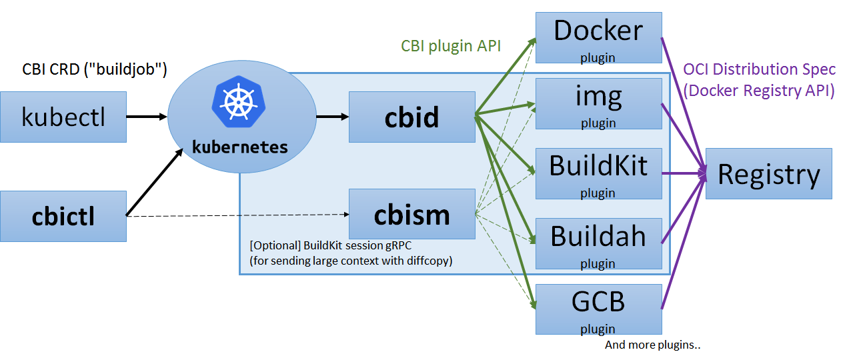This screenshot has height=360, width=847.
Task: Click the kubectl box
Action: (63, 117)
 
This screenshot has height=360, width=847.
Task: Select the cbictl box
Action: (63, 216)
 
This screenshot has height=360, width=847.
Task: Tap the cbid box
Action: (412, 117)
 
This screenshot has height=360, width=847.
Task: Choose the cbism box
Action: (412, 214)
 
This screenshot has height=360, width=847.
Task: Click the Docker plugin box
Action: (598, 38)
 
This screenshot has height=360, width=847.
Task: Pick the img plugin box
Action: (598, 103)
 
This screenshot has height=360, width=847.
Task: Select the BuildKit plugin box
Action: (598, 173)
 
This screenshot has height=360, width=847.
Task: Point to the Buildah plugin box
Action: (598, 243)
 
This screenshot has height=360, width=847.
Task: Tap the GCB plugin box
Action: (598, 309)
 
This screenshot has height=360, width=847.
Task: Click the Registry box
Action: (768, 174)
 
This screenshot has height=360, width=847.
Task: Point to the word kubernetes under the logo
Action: (240, 147)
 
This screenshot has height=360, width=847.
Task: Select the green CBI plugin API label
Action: (451, 45)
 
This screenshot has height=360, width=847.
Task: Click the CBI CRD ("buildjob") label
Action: (95, 69)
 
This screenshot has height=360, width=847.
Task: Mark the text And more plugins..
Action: (653, 345)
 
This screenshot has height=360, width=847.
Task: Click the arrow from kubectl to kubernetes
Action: (147, 117)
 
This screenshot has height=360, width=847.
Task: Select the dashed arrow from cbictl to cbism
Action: (240, 215)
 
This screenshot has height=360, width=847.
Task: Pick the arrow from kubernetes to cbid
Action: (332, 117)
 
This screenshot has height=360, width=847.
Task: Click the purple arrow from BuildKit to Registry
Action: (684, 173)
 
